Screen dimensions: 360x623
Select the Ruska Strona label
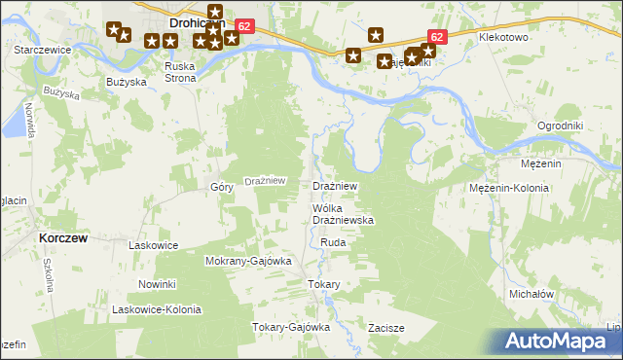click(180, 72)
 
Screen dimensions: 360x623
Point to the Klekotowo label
click(502, 37)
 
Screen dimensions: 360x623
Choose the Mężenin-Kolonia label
click(509, 188)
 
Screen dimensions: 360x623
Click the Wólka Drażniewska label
click(336, 215)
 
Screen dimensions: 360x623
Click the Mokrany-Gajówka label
click(248, 262)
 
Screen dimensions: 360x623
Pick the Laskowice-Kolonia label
click(157, 309)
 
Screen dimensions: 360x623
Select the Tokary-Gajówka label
click(291, 327)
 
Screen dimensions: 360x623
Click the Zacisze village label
click(385, 328)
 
